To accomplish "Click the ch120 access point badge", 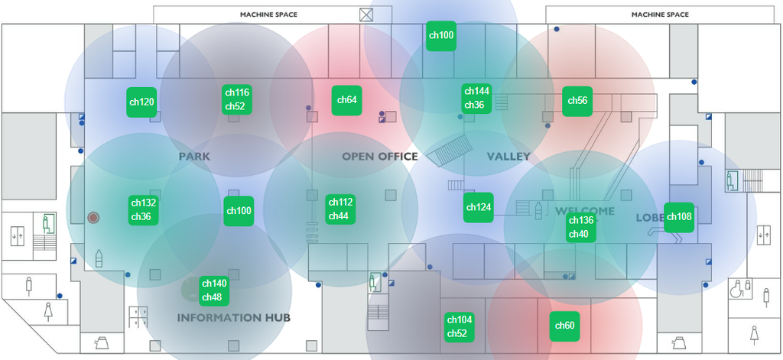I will [141, 102].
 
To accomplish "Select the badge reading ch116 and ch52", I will [236, 99].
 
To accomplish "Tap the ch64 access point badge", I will [346, 100].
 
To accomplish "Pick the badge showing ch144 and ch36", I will [476, 98].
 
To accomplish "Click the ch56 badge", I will [577, 101].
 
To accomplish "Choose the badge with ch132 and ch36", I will [143, 209].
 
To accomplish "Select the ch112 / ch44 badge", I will [340, 209].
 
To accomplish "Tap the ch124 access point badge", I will [478, 207].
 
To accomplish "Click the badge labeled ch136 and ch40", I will [580, 227].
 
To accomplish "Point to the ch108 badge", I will [678, 217].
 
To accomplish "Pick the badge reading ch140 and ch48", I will [213, 290].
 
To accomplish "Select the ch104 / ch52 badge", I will [459, 326].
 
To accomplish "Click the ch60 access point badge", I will [564, 326].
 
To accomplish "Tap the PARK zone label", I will [194, 157].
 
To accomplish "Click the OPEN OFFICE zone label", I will [380, 157].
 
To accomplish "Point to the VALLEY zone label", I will [508, 157].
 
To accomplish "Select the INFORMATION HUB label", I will [234, 317].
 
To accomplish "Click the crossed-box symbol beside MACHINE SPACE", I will [367, 15].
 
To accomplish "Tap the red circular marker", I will [94, 218].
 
